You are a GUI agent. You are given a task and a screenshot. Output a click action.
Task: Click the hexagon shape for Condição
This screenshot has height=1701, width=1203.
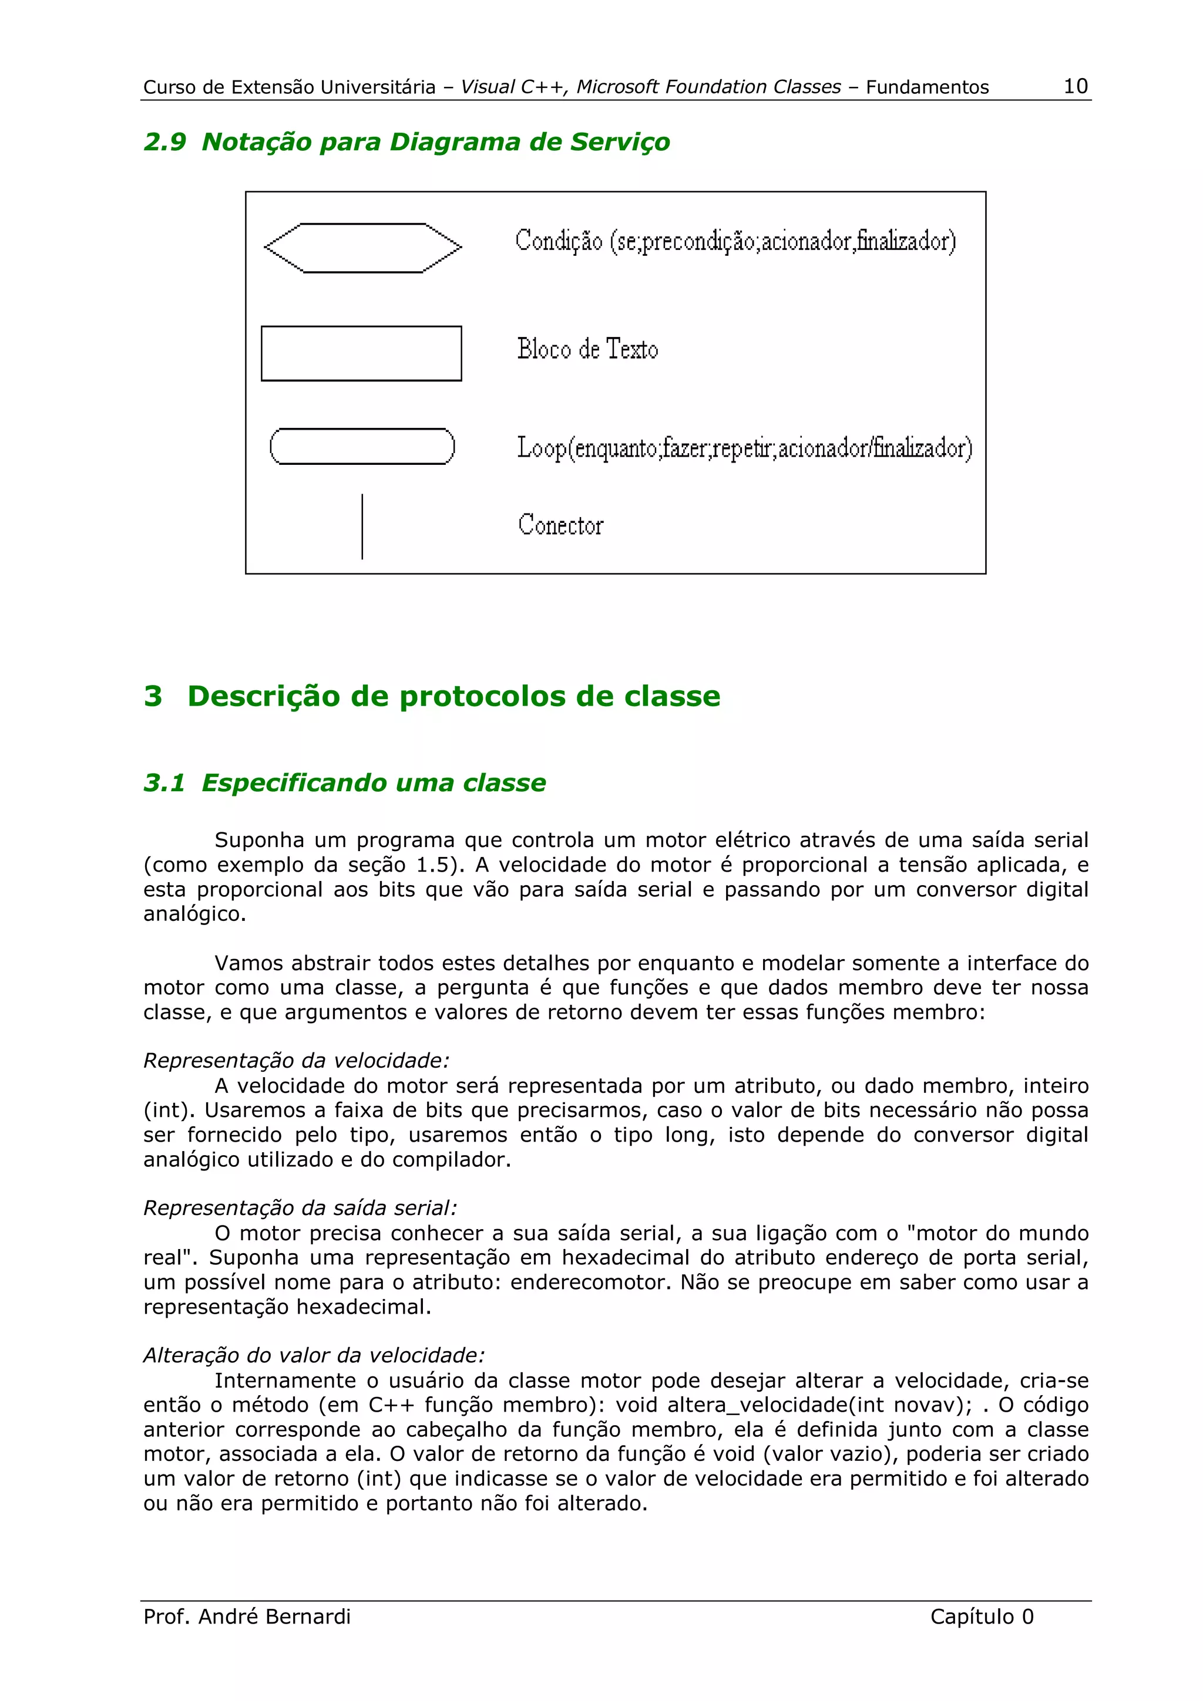coord(362,248)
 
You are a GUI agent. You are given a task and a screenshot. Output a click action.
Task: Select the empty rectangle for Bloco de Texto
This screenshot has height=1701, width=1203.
coord(361,353)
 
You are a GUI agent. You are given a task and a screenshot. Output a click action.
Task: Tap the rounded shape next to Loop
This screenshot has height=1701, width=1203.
coord(362,446)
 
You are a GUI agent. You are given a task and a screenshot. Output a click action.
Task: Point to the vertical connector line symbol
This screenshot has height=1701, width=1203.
coord(362,526)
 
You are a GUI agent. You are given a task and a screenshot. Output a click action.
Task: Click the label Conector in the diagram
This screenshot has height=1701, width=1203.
coord(560,525)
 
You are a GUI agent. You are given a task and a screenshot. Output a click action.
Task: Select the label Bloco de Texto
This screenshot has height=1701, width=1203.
coord(587,349)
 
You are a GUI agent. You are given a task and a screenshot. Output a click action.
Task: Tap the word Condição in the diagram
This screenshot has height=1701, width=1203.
coord(559,241)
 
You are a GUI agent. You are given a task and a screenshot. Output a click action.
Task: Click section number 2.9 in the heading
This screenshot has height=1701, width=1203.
coord(164,141)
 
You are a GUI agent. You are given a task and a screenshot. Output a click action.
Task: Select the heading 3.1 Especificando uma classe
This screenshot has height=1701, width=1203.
coord(345,782)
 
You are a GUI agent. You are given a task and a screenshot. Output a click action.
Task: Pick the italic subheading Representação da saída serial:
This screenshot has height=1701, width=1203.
coord(300,1207)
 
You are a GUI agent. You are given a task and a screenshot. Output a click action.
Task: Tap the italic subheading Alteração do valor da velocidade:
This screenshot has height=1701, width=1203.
coord(314,1355)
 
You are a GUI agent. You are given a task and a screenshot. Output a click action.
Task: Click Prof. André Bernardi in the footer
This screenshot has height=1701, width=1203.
coord(247,1616)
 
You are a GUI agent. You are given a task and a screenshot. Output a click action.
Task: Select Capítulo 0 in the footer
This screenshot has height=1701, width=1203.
coord(982,1616)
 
